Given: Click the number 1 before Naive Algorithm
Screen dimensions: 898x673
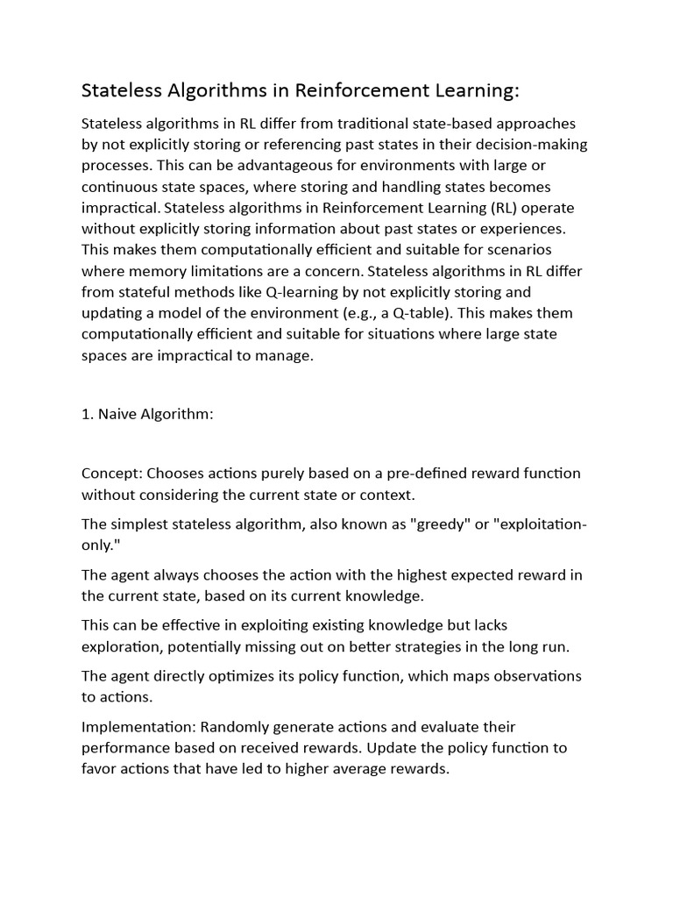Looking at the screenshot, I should (x=86, y=414).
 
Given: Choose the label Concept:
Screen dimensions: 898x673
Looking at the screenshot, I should (x=111, y=474).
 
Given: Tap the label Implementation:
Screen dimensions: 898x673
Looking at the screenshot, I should (x=138, y=727).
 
